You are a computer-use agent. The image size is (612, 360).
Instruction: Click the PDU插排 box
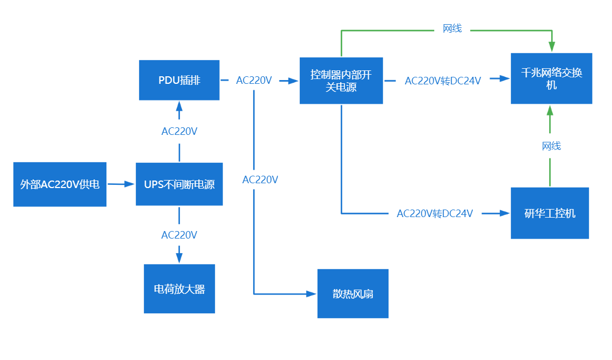[179, 80]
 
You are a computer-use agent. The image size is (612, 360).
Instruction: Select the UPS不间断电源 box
[179, 184]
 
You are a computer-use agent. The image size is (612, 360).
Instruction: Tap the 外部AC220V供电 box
[60, 184]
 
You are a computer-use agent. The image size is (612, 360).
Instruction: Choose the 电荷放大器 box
[179, 289]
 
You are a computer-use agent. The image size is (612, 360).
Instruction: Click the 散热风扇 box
[352, 293]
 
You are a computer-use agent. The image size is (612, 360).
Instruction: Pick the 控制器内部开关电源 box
[341, 80]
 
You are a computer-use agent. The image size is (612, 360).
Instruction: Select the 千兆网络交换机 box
[551, 78]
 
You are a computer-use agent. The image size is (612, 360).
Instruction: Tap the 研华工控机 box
[549, 213]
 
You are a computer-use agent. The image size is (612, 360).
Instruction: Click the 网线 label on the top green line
[452, 28]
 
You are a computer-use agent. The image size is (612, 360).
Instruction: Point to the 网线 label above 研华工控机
[551, 146]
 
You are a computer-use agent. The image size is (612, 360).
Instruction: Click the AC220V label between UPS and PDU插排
[179, 131]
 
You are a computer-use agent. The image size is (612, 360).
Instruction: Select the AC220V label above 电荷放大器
[179, 234]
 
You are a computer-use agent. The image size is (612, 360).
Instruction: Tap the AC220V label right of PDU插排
[254, 80]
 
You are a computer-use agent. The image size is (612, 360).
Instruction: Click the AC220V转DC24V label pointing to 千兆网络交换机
[442, 81]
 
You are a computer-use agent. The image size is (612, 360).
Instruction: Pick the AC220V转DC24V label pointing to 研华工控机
[434, 213]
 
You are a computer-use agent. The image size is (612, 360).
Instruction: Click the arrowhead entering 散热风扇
[311, 294]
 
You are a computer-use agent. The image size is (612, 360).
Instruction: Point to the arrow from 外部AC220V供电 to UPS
[121, 184]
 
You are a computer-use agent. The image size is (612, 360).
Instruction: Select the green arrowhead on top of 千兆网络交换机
[551, 47]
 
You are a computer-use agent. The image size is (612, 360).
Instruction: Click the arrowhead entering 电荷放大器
[179, 257]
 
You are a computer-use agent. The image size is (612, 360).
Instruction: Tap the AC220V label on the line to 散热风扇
[260, 179]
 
